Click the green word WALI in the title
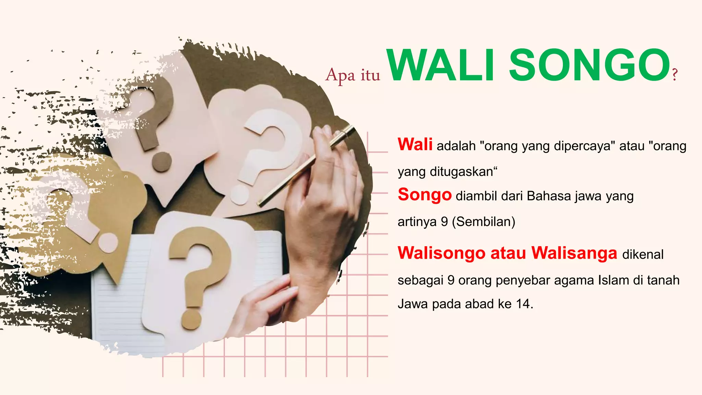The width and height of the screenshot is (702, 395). tap(440, 65)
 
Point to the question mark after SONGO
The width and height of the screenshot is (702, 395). tap(675, 74)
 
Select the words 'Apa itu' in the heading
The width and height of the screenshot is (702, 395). tap(353, 75)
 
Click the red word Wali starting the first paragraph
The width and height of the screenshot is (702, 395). tap(415, 144)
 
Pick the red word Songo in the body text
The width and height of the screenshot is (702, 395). tap(424, 195)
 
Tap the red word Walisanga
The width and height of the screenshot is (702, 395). tap(574, 253)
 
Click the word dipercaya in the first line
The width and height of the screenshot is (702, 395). tap(582, 146)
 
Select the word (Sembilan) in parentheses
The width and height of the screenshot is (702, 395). tap(484, 222)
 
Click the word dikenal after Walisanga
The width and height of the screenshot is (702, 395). tap(643, 255)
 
